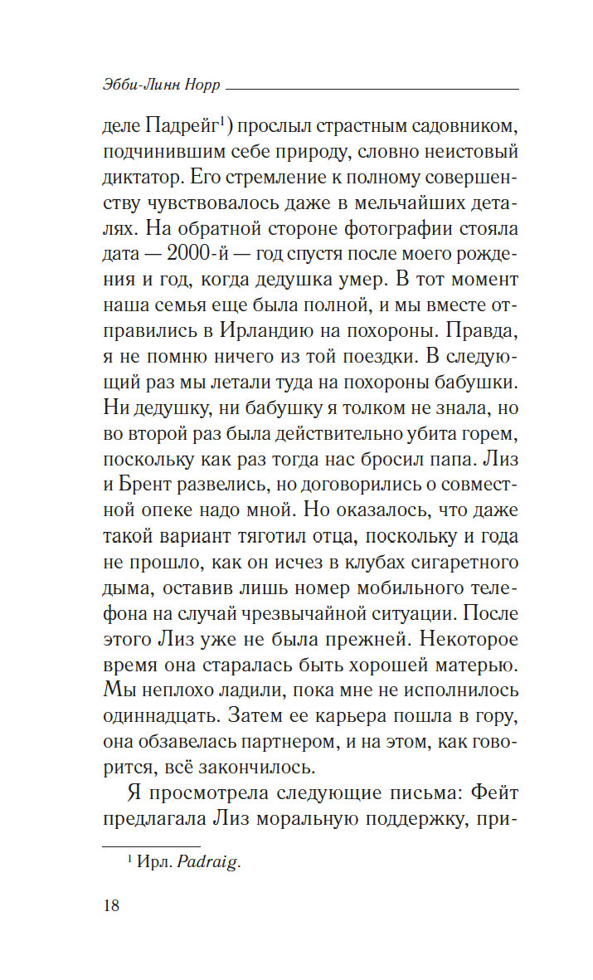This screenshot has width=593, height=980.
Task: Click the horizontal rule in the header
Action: click(372, 87)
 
